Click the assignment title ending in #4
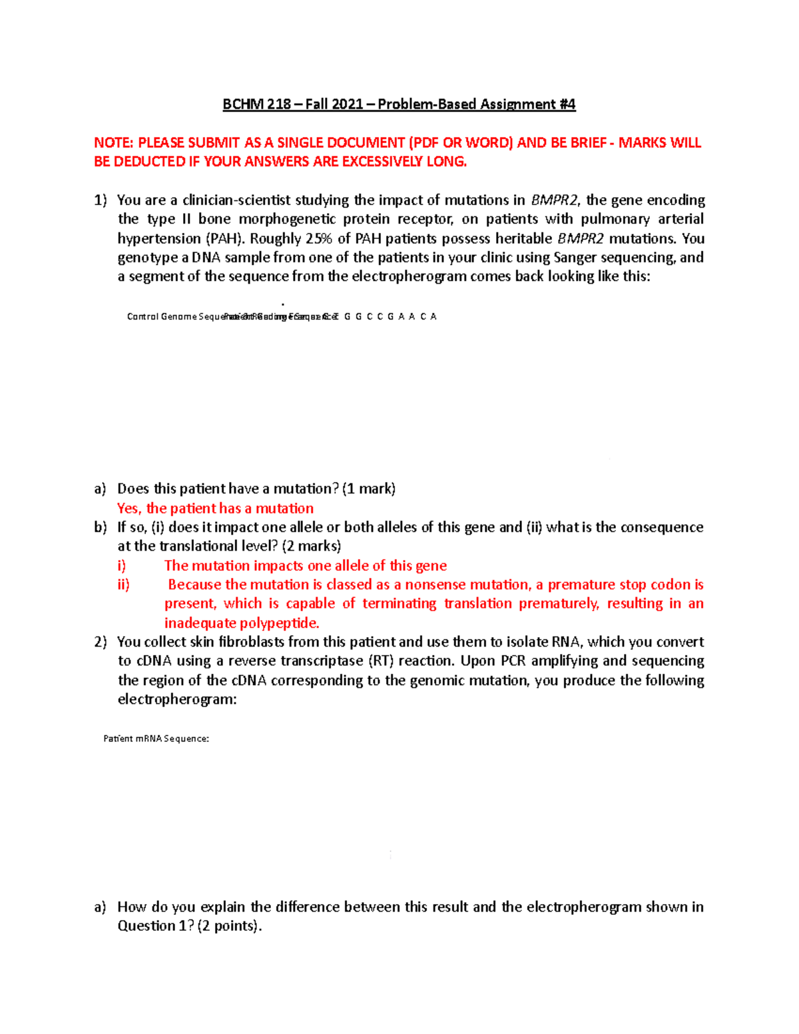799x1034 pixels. pos(399,105)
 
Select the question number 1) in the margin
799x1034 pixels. pos(100,200)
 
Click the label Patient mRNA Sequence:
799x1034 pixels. pos(156,738)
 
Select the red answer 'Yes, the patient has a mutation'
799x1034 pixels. pos(215,509)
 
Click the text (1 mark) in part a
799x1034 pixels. pos(369,489)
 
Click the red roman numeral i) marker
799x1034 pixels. pos(122,566)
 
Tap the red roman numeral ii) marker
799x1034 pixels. pos(123,585)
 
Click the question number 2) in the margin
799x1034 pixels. pos(100,643)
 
